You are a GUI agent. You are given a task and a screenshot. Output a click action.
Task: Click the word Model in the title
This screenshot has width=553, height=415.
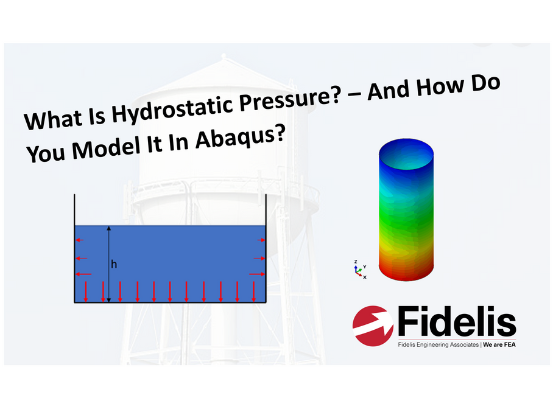click(x=107, y=147)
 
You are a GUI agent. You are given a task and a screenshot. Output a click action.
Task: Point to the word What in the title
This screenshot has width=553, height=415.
click(x=53, y=119)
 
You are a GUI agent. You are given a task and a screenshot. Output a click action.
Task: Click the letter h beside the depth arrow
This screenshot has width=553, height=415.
click(x=113, y=264)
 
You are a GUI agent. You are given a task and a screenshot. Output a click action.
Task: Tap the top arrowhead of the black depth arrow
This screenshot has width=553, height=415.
click(x=109, y=228)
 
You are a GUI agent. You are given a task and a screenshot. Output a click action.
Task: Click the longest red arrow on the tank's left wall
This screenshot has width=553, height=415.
click(x=83, y=274)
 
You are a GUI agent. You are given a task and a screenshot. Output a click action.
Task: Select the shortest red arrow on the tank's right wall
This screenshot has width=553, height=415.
click(x=261, y=240)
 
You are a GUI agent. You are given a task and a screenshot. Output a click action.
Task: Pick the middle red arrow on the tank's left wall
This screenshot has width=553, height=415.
click(x=82, y=258)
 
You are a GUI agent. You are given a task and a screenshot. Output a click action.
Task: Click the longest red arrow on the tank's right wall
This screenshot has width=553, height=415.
click(x=257, y=274)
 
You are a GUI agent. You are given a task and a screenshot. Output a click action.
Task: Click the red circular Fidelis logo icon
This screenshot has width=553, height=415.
click(x=373, y=326)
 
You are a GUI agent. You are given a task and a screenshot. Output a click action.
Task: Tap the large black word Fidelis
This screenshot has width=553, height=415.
click(x=457, y=321)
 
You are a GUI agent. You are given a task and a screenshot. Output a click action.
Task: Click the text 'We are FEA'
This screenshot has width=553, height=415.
click(x=499, y=344)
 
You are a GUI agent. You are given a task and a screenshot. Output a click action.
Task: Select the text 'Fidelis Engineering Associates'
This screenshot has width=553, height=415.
click(x=438, y=344)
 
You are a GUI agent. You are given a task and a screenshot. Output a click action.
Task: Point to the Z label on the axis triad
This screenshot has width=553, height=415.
click(x=356, y=262)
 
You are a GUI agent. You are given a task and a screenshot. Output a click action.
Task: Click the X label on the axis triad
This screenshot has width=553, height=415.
click(x=365, y=277)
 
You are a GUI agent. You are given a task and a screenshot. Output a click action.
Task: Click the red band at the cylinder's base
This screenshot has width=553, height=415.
click(x=406, y=271)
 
